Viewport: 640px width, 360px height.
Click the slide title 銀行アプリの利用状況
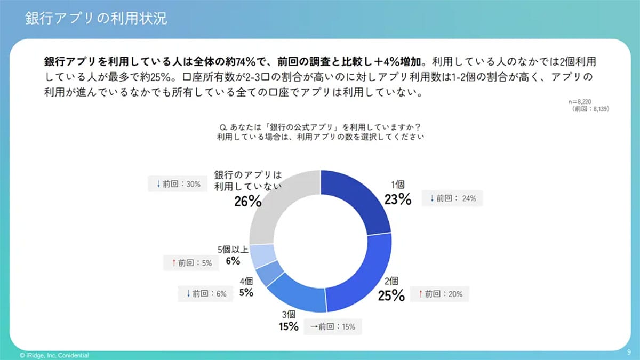96,18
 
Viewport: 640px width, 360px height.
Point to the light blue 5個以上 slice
262,255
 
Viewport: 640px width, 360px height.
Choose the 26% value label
247,201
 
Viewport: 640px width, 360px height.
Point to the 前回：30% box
178,184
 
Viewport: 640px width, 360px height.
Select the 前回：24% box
453,199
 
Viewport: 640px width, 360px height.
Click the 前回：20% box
440,293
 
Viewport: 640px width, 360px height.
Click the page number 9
629,353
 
